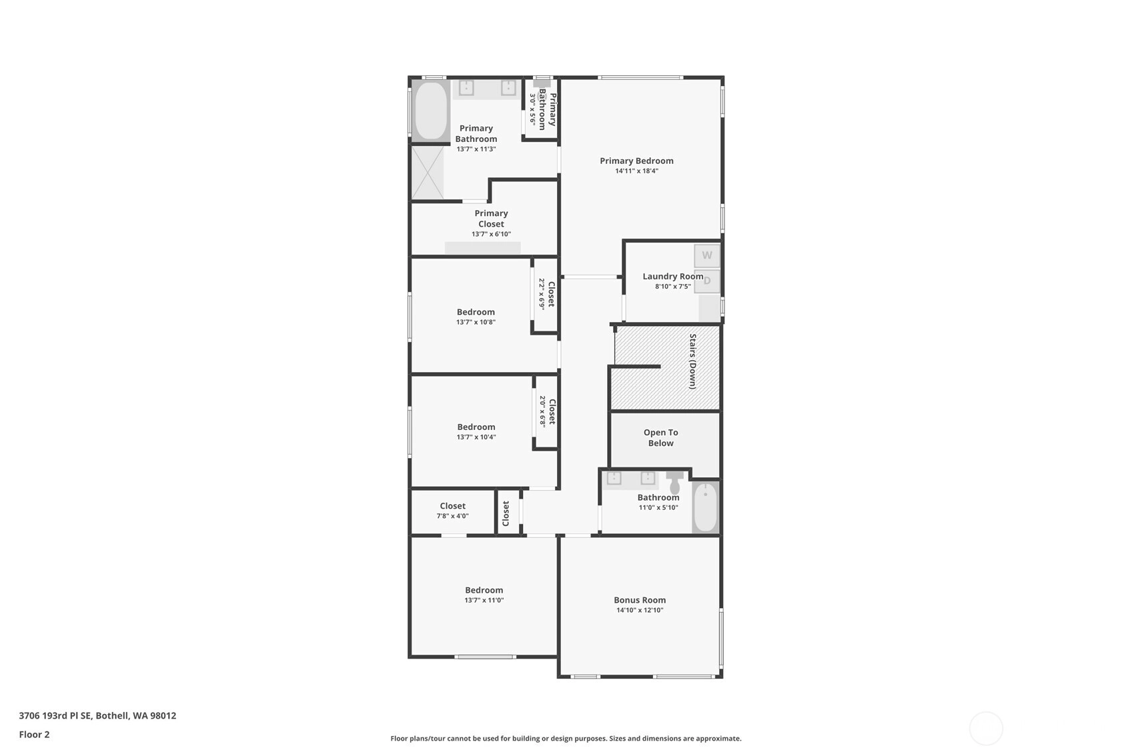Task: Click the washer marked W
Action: pyautogui.click(x=706, y=255)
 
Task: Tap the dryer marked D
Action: pyautogui.click(x=706, y=281)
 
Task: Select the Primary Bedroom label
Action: pyautogui.click(x=636, y=161)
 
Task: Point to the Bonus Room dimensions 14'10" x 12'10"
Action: pyautogui.click(x=639, y=610)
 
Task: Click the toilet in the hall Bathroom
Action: pyautogui.click(x=674, y=483)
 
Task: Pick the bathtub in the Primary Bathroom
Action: pyautogui.click(x=431, y=110)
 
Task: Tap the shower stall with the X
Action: pyautogui.click(x=428, y=172)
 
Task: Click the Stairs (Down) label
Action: pyautogui.click(x=692, y=361)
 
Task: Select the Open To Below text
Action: pyautogui.click(x=660, y=438)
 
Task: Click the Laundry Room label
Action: pyautogui.click(x=672, y=276)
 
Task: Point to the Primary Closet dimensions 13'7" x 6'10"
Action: pyautogui.click(x=491, y=234)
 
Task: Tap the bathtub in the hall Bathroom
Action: pyautogui.click(x=705, y=507)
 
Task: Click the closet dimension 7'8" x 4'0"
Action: pyautogui.click(x=452, y=516)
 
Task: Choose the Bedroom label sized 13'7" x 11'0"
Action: pyautogui.click(x=484, y=590)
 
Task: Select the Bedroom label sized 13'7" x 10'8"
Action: pyautogui.click(x=476, y=312)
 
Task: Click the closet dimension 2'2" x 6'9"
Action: pyautogui.click(x=542, y=294)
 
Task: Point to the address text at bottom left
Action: pyautogui.click(x=97, y=715)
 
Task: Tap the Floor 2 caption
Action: pyautogui.click(x=35, y=735)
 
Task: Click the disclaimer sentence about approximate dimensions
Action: pyautogui.click(x=566, y=739)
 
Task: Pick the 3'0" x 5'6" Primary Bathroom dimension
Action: pyautogui.click(x=532, y=109)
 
